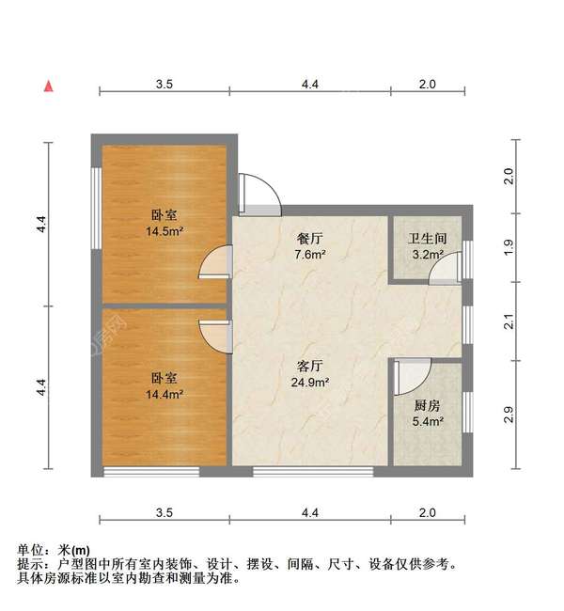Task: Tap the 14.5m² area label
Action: [x=164, y=230]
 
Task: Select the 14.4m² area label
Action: [x=164, y=395]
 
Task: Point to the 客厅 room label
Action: [x=310, y=366]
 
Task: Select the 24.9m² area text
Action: [x=310, y=383]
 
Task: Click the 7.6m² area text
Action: [x=309, y=255]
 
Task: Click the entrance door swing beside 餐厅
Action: [x=258, y=192]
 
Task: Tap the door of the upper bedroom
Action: [x=216, y=262]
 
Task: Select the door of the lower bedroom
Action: [x=215, y=335]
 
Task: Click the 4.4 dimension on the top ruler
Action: [x=310, y=84]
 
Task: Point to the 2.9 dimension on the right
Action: [x=509, y=415]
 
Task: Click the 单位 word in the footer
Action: [x=30, y=550]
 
